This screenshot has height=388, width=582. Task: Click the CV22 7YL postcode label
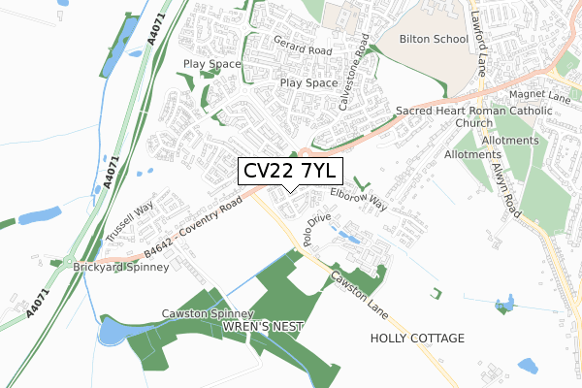pos(289,171)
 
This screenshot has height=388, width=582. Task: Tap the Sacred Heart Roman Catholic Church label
pos(473,117)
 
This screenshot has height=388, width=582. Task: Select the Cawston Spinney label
pos(207,314)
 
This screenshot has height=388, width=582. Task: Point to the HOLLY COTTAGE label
pos(417,339)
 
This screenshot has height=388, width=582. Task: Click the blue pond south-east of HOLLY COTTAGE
pos(527,367)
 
